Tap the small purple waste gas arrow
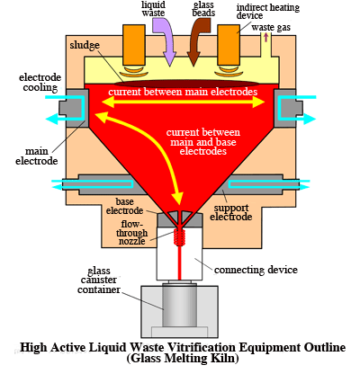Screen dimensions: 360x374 tap(265, 37)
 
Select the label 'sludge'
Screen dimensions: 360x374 tap(85, 45)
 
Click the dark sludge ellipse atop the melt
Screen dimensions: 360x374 tap(186, 83)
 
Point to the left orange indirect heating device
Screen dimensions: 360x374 tap(134, 45)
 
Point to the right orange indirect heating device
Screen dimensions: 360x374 tap(229, 45)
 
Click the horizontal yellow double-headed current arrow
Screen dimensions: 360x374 tap(183, 102)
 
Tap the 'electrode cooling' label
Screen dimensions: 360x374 tap(40, 83)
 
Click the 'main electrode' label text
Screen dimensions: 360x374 tap(37, 156)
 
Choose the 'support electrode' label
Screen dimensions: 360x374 tap(231, 212)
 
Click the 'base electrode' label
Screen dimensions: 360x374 tap(124, 206)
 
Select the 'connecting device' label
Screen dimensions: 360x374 tap(256, 270)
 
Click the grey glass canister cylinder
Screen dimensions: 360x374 tap(180, 305)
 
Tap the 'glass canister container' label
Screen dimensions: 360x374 tap(99, 280)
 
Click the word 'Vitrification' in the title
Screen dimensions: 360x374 tap(201, 348)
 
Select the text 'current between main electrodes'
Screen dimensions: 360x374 tap(183, 92)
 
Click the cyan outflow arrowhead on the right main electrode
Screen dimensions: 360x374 tap(310, 119)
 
